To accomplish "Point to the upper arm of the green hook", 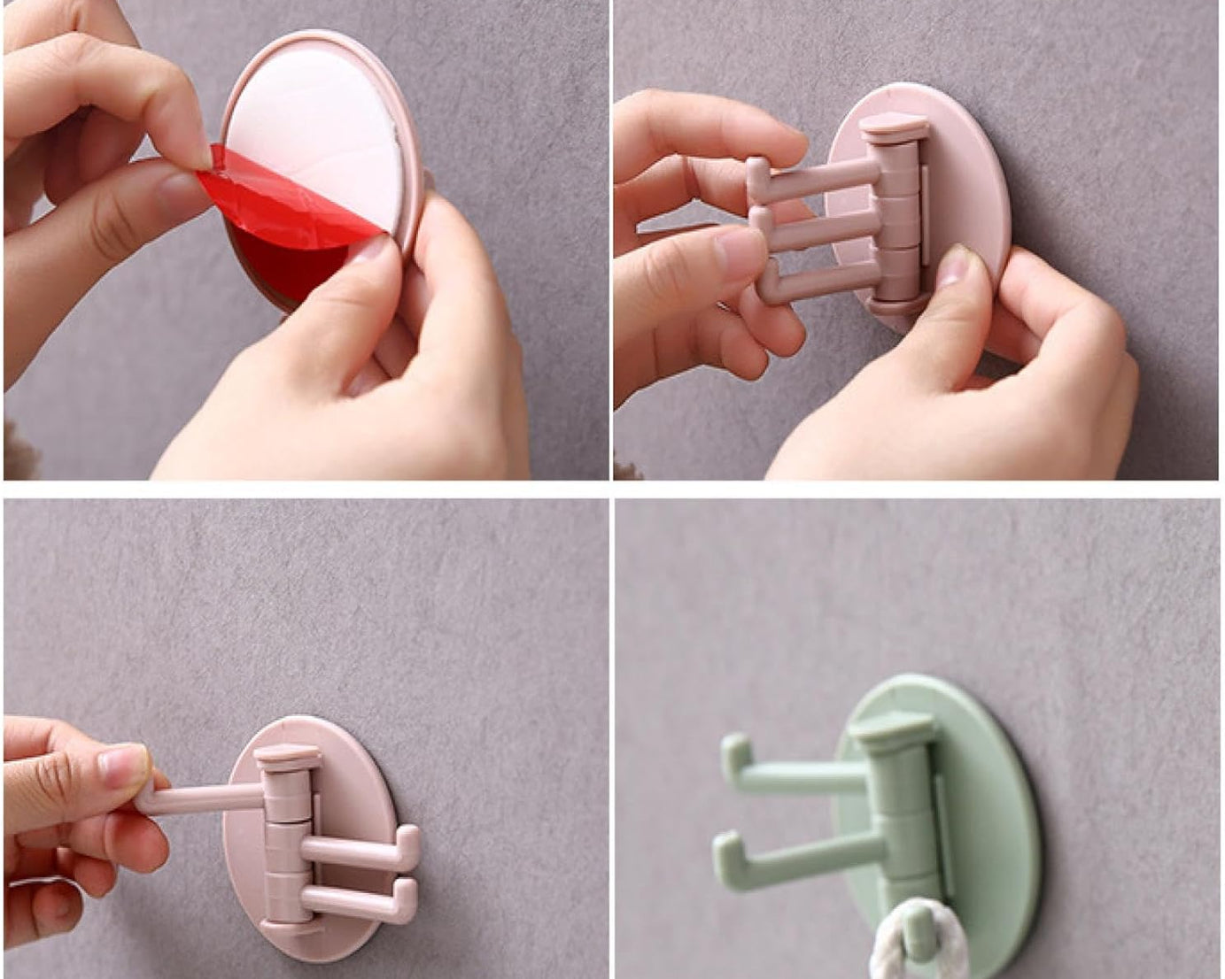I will [797, 770].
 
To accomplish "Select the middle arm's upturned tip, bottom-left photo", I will [408, 841].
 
